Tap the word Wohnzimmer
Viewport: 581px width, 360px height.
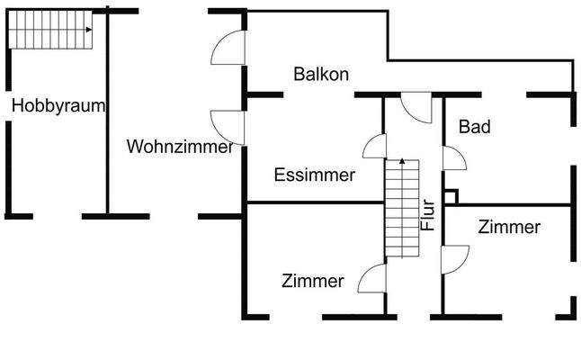pyautogui.click(x=181, y=146)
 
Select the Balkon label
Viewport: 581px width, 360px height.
pyautogui.click(x=321, y=74)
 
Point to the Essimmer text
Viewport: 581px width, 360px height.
pyautogui.click(x=314, y=175)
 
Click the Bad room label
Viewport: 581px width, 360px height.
pyautogui.click(x=475, y=128)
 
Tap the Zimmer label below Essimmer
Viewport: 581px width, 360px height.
pyautogui.click(x=312, y=282)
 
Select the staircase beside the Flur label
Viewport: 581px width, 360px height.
pyautogui.click(x=402, y=207)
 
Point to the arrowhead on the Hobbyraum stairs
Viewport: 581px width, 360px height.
pyautogui.click(x=89, y=30)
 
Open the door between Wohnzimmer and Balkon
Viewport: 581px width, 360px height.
pyautogui.click(x=228, y=49)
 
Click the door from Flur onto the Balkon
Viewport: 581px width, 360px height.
pyautogui.click(x=417, y=106)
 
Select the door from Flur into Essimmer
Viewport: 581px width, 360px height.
pyautogui.click(x=375, y=146)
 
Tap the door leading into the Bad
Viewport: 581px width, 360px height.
pyautogui.click(x=453, y=157)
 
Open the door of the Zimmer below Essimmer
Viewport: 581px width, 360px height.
pyautogui.click(x=372, y=279)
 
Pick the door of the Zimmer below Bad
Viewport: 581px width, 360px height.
pyautogui.click(x=452, y=257)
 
